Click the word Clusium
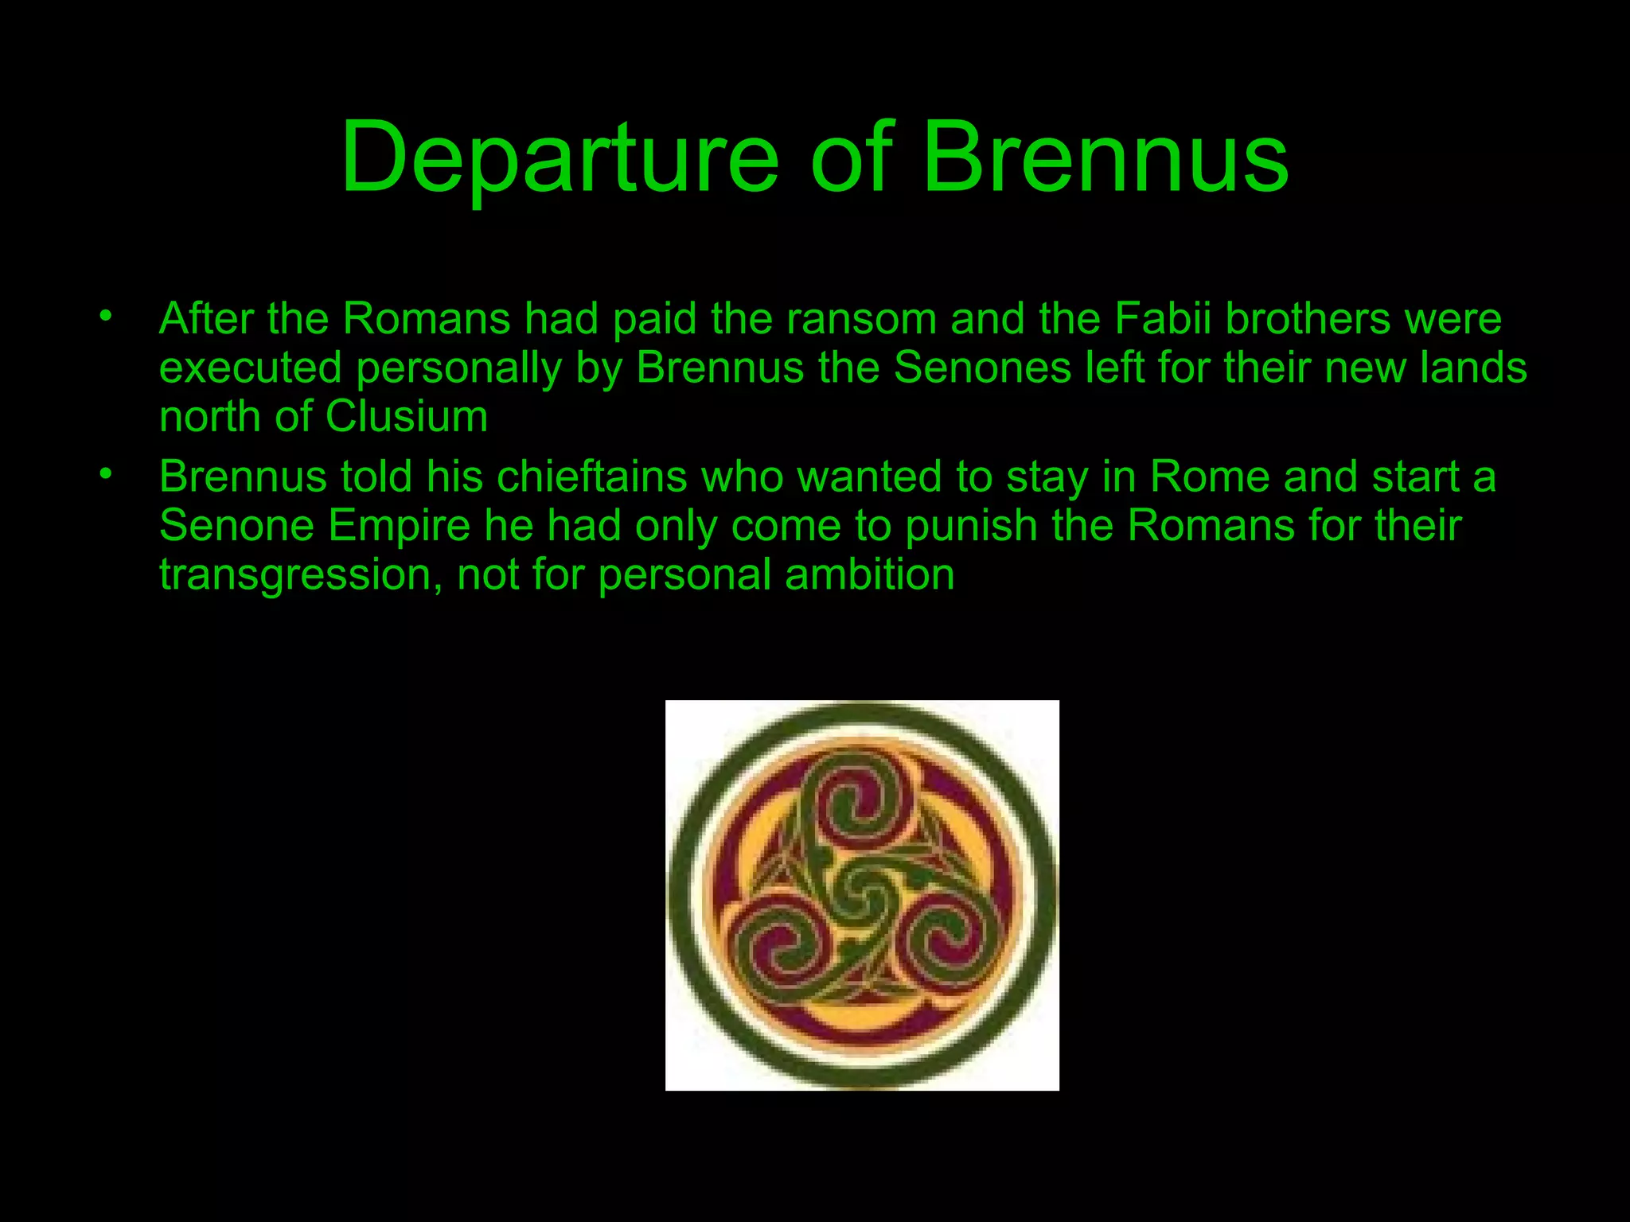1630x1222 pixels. [407, 417]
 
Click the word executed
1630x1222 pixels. [250, 368]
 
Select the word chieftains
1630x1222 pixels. [591, 477]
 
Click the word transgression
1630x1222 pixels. [301, 576]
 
